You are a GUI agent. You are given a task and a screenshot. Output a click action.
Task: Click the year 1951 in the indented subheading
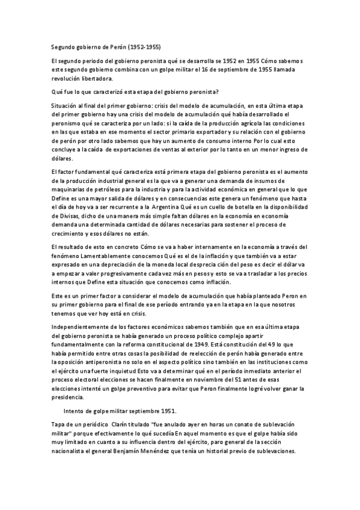tap(167, 411)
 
